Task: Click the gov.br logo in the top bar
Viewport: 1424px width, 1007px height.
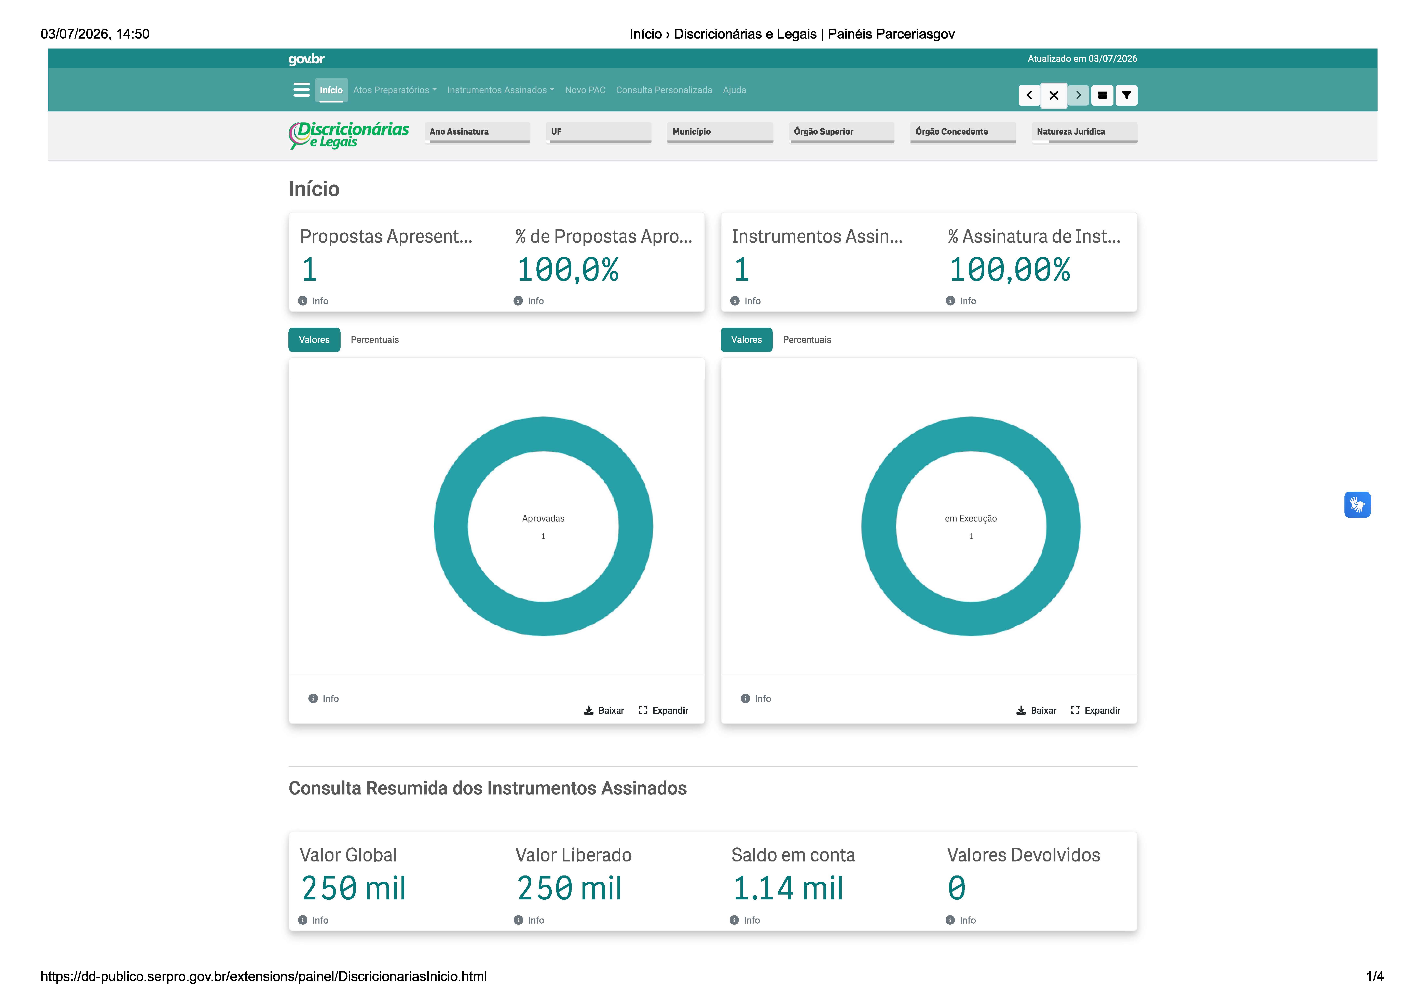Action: pos(306,59)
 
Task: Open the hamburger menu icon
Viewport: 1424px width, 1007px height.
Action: pos(301,90)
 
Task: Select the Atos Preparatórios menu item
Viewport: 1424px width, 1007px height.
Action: pos(394,90)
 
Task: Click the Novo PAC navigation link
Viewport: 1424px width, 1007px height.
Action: pos(585,90)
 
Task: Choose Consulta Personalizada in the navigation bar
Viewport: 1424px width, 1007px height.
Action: pos(664,90)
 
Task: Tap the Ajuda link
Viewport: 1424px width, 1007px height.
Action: pos(734,90)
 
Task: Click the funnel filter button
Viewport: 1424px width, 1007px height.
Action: pos(1126,95)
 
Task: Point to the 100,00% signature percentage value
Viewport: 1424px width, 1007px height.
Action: pos(1010,270)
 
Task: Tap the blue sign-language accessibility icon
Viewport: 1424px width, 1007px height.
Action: pos(1357,504)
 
